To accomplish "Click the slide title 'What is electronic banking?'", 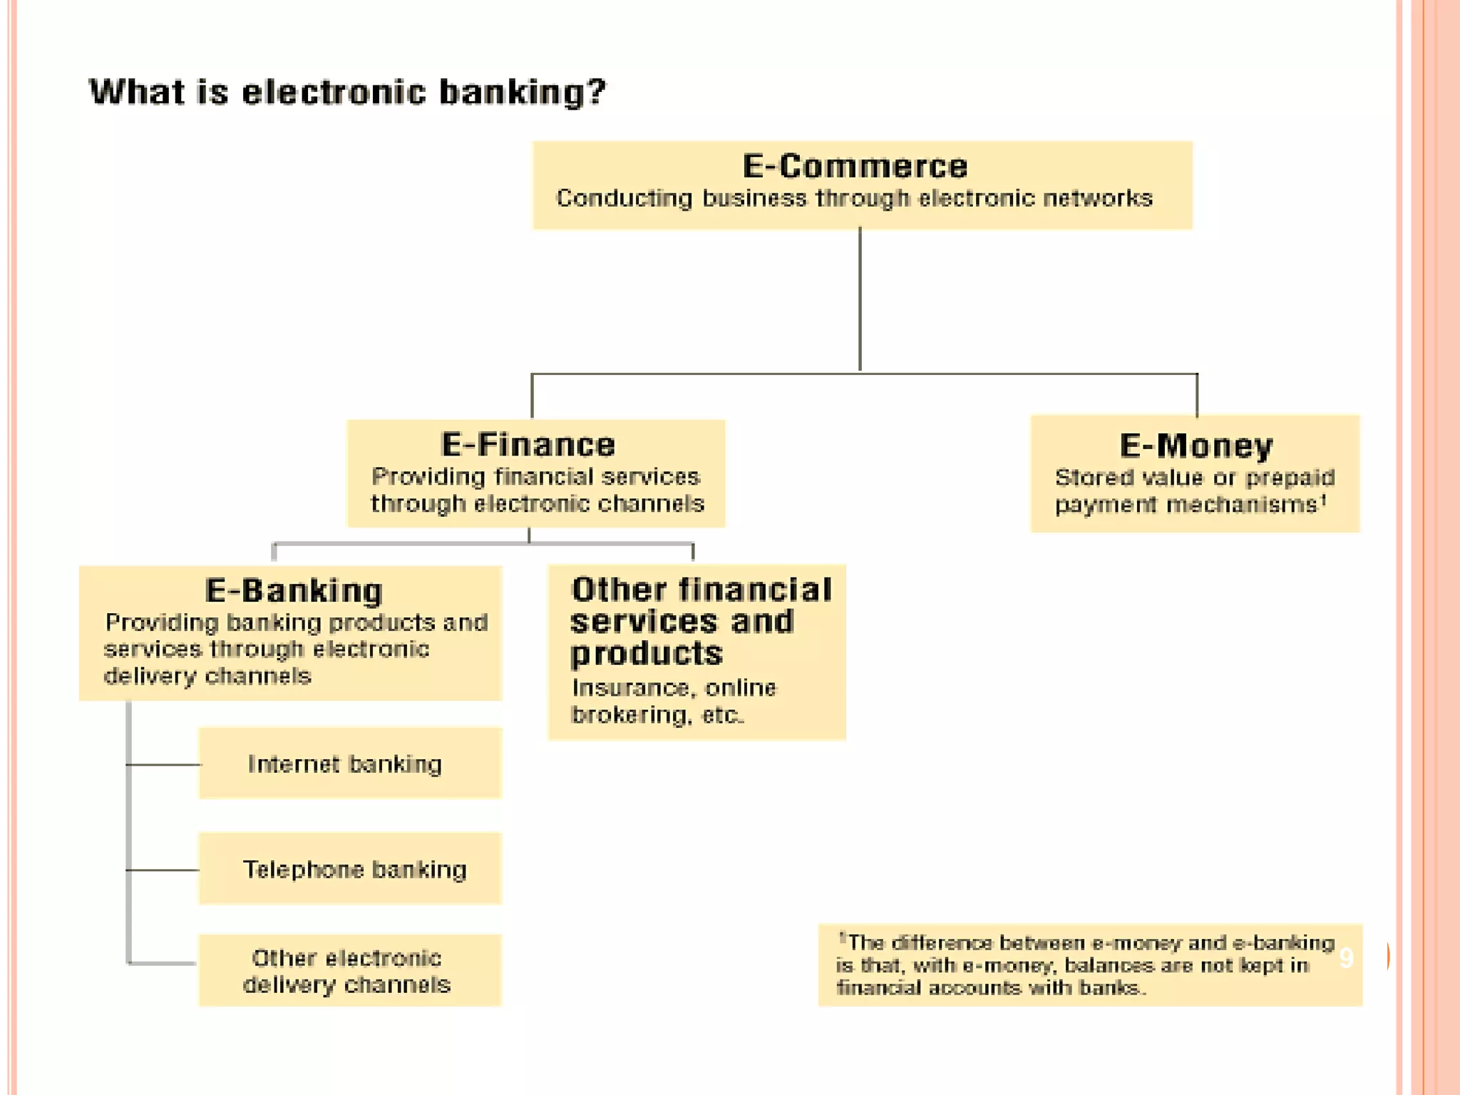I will [x=347, y=93].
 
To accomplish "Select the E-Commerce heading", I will [x=855, y=167].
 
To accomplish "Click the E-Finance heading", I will [x=528, y=445].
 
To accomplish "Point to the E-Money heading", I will [x=1196, y=446].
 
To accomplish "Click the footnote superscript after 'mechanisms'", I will [x=1323, y=499].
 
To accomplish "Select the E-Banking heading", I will [x=294, y=591].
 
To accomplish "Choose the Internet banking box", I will [x=349, y=764].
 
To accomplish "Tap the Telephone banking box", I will [x=349, y=869].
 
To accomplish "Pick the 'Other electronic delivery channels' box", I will [x=349, y=970].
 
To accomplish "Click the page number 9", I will [x=1346, y=957].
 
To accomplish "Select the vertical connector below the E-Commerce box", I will [x=860, y=299].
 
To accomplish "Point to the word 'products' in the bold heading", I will [x=646, y=654].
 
